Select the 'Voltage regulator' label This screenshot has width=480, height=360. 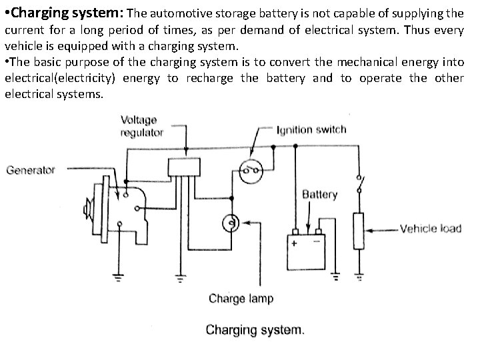tap(141, 126)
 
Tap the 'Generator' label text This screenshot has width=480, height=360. tap(31, 170)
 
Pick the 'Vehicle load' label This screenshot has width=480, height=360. tap(430, 229)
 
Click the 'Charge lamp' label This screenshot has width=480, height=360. tap(241, 298)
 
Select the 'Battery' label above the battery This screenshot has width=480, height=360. tap(319, 195)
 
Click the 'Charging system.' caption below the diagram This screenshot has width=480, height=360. tap(255, 330)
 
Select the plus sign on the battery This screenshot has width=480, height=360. tap(294, 243)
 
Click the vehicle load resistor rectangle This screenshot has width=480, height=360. tap(359, 231)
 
